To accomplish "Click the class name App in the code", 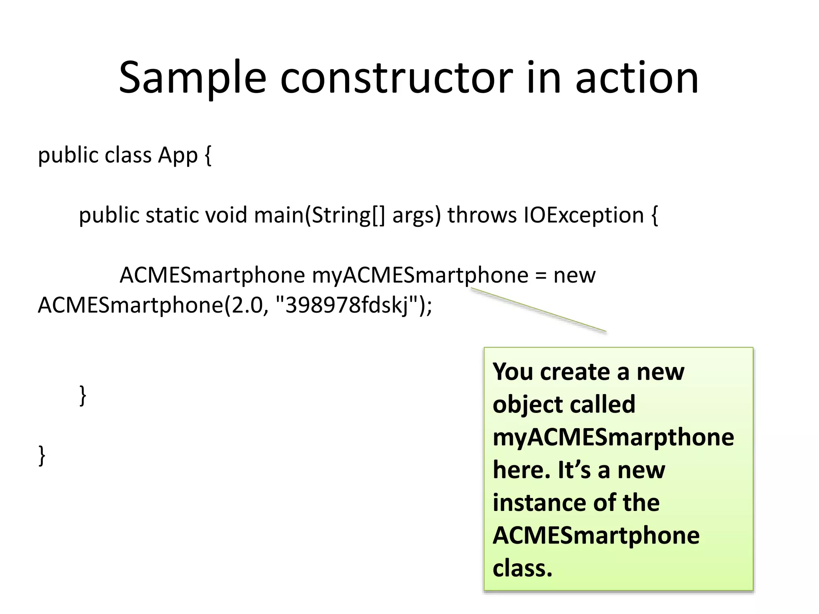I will [178, 155].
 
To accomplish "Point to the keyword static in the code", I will [172, 215].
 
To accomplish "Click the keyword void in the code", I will [226, 215].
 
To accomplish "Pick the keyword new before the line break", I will [574, 275].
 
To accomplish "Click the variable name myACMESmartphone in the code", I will [420, 275].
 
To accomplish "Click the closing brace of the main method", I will [83, 396].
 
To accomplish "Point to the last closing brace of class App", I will [42, 456].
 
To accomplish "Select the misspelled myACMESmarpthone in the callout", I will [613, 437].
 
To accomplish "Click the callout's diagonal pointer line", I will [538, 310].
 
